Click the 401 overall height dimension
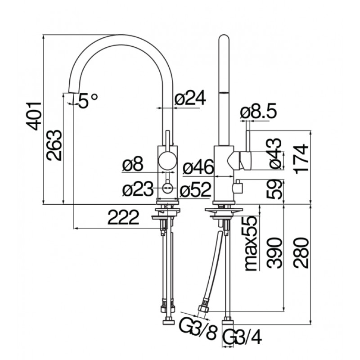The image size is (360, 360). (34, 116)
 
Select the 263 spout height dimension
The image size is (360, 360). (54, 145)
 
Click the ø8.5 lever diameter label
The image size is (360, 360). (258, 111)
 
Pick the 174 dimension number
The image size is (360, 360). (301, 159)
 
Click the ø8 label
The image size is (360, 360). (133, 164)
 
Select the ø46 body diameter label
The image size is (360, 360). (198, 167)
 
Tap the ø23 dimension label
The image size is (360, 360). (138, 189)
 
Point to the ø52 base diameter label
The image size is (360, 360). (195, 189)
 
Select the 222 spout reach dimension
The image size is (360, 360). (123, 217)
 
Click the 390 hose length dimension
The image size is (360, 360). (274, 253)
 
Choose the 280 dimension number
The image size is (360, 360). (301, 253)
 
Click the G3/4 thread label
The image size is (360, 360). (242, 337)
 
